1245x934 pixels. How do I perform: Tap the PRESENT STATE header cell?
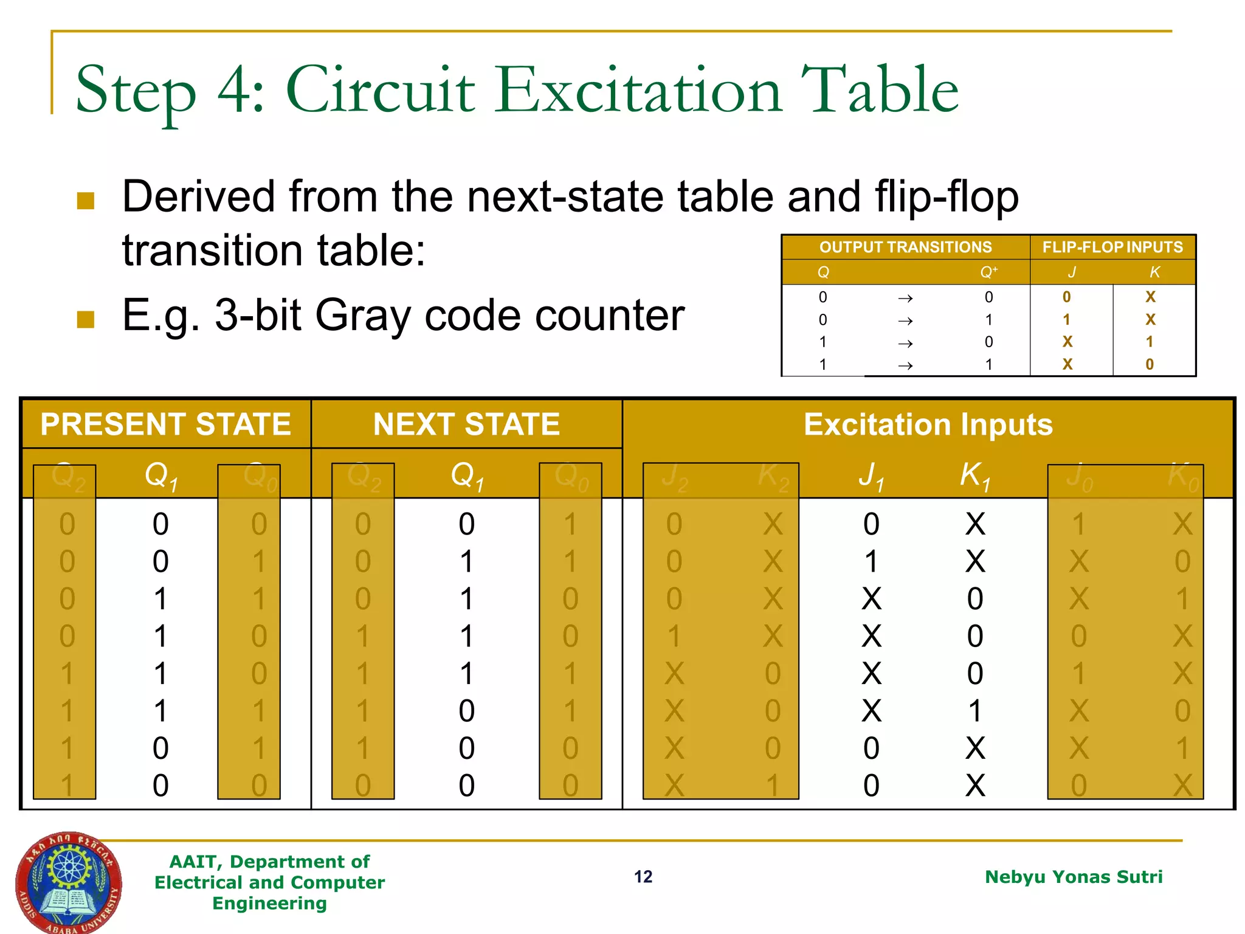[x=165, y=424]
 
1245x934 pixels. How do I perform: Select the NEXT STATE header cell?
[x=466, y=424]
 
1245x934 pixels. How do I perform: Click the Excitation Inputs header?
[x=928, y=424]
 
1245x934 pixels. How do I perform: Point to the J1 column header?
[x=872, y=475]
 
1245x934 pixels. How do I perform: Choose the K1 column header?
[x=975, y=475]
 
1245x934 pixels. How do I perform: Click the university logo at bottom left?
[x=68, y=882]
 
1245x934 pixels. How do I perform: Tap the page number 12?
[x=643, y=876]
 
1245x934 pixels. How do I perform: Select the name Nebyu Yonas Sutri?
[x=1074, y=876]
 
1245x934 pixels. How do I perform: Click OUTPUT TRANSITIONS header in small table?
[x=905, y=247]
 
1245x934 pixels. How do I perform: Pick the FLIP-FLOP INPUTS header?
[x=1112, y=247]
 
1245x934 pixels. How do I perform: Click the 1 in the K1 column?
[x=975, y=711]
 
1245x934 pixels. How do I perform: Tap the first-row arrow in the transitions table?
[x=905, y=298]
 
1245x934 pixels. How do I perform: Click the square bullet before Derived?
[x=86, y=200]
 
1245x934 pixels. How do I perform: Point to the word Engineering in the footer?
[x=269, y=903]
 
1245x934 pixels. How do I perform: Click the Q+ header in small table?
[x=988, y=272]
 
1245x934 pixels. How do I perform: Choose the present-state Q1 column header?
[x=160, y=475]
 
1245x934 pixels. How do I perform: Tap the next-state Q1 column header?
[x=466, y=475]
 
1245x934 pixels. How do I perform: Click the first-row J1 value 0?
[x=871, y=524]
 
